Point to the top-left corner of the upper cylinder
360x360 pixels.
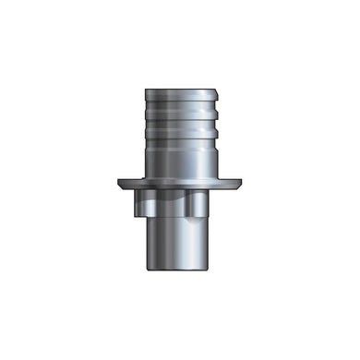coord(145,90)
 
